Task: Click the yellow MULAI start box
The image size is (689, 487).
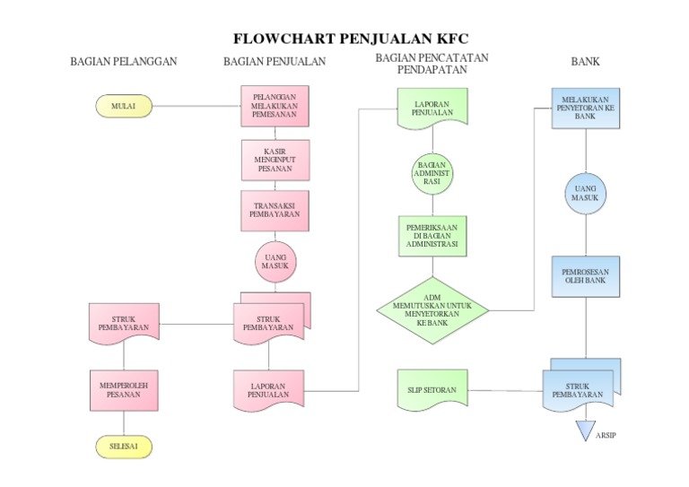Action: click(x=124, y=107)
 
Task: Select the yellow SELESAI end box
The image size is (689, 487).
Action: click(x=124, y=446)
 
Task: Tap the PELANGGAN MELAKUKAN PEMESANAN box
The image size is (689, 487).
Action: click(x=275, y=107)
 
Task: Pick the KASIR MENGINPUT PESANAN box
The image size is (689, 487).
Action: click(x=275, y=160)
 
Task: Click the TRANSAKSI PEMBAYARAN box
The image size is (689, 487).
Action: click(x=275, y=211)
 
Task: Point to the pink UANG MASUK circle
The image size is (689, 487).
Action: click(x=275, y=262)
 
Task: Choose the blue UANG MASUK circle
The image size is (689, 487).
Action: click(x=586, y=194)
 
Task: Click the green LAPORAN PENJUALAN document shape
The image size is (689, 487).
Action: click(x=432, y=108)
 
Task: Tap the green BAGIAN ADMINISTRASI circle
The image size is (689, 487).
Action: click(x=432, y=174)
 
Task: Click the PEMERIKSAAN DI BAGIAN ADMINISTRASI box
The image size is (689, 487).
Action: click(x=432, y=236)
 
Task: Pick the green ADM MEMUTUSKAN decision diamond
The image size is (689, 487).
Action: click(x=432, y=309)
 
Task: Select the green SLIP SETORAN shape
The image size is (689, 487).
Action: click(x=432, y=390)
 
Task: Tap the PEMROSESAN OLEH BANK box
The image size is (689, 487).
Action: click(x=586, y=275)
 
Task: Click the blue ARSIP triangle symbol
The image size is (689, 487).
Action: click(x=586, y=431)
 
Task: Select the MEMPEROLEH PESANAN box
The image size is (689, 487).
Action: click(x=124, y=390)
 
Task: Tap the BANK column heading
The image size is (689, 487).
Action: click(x=586, y=62)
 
